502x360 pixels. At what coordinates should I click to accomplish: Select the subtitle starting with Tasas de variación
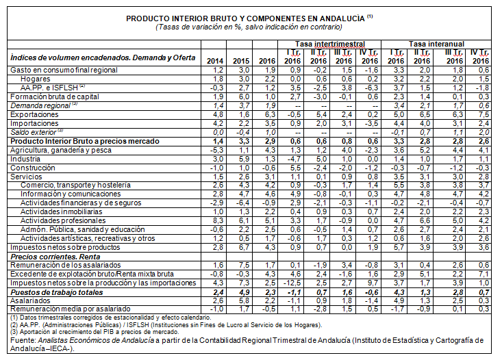pyautogui.click(x=249, y=27)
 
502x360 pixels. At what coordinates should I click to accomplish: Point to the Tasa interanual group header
pyautogui.click(x=434, y=43)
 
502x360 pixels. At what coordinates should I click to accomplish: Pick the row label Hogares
pyautogui.click(x=34, y=78)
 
